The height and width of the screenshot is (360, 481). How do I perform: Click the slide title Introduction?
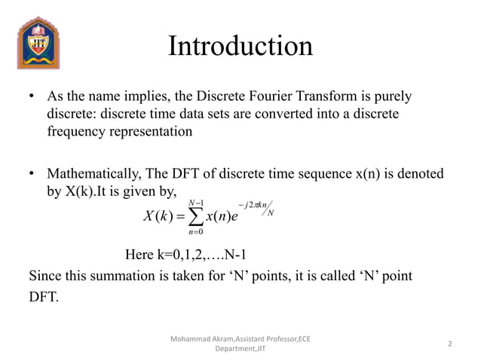[x=240, y=47]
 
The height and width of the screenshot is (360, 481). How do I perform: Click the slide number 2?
[x=449, y=344]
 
